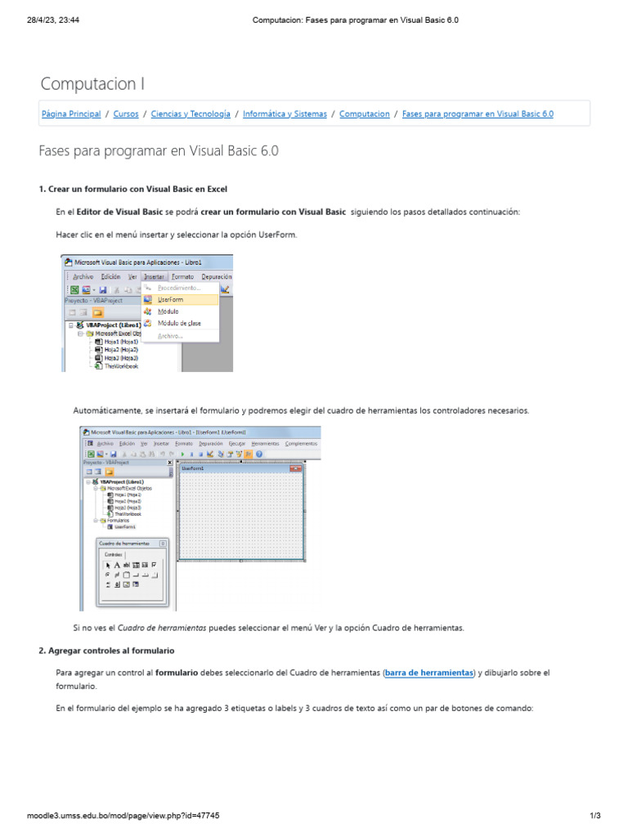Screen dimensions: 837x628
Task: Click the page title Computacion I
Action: (92, 83)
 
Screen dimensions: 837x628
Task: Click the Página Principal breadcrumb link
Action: (71, 114)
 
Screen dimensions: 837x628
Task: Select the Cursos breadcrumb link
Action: (126, 114)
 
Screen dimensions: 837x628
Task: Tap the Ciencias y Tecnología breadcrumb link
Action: (191, 114)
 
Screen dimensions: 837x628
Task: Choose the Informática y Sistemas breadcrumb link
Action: (285, 114)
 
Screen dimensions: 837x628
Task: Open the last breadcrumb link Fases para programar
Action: (478, 114)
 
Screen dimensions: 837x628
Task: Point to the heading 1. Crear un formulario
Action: (132, 189)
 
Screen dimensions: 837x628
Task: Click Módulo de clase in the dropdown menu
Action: (179, 323)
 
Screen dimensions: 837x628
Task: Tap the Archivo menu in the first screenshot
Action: (83, 277)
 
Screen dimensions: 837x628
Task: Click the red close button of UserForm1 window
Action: (296, 468)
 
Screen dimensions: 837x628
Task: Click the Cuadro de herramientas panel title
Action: (124, 543)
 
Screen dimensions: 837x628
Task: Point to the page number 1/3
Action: (594, 816)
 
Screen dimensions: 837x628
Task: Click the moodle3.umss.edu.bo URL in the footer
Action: (123, 816)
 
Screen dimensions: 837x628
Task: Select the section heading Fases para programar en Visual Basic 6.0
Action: (159, 151)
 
